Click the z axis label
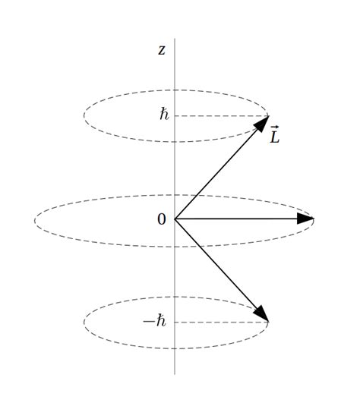[161, 50]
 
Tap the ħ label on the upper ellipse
[164, 115]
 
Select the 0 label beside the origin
[161, 219]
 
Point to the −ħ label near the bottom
[155, 322]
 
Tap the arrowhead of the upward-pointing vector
[262, 123]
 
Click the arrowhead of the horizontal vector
[305, 219]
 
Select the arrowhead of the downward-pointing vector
[261, 314]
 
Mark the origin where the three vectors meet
[175, 219]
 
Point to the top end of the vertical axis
[175, 39]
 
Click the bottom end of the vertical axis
[175, 373]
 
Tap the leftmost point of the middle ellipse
[34, 221]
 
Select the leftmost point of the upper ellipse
[84, 116]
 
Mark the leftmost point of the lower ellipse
[84, 323]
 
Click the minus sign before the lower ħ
[148, 322]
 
